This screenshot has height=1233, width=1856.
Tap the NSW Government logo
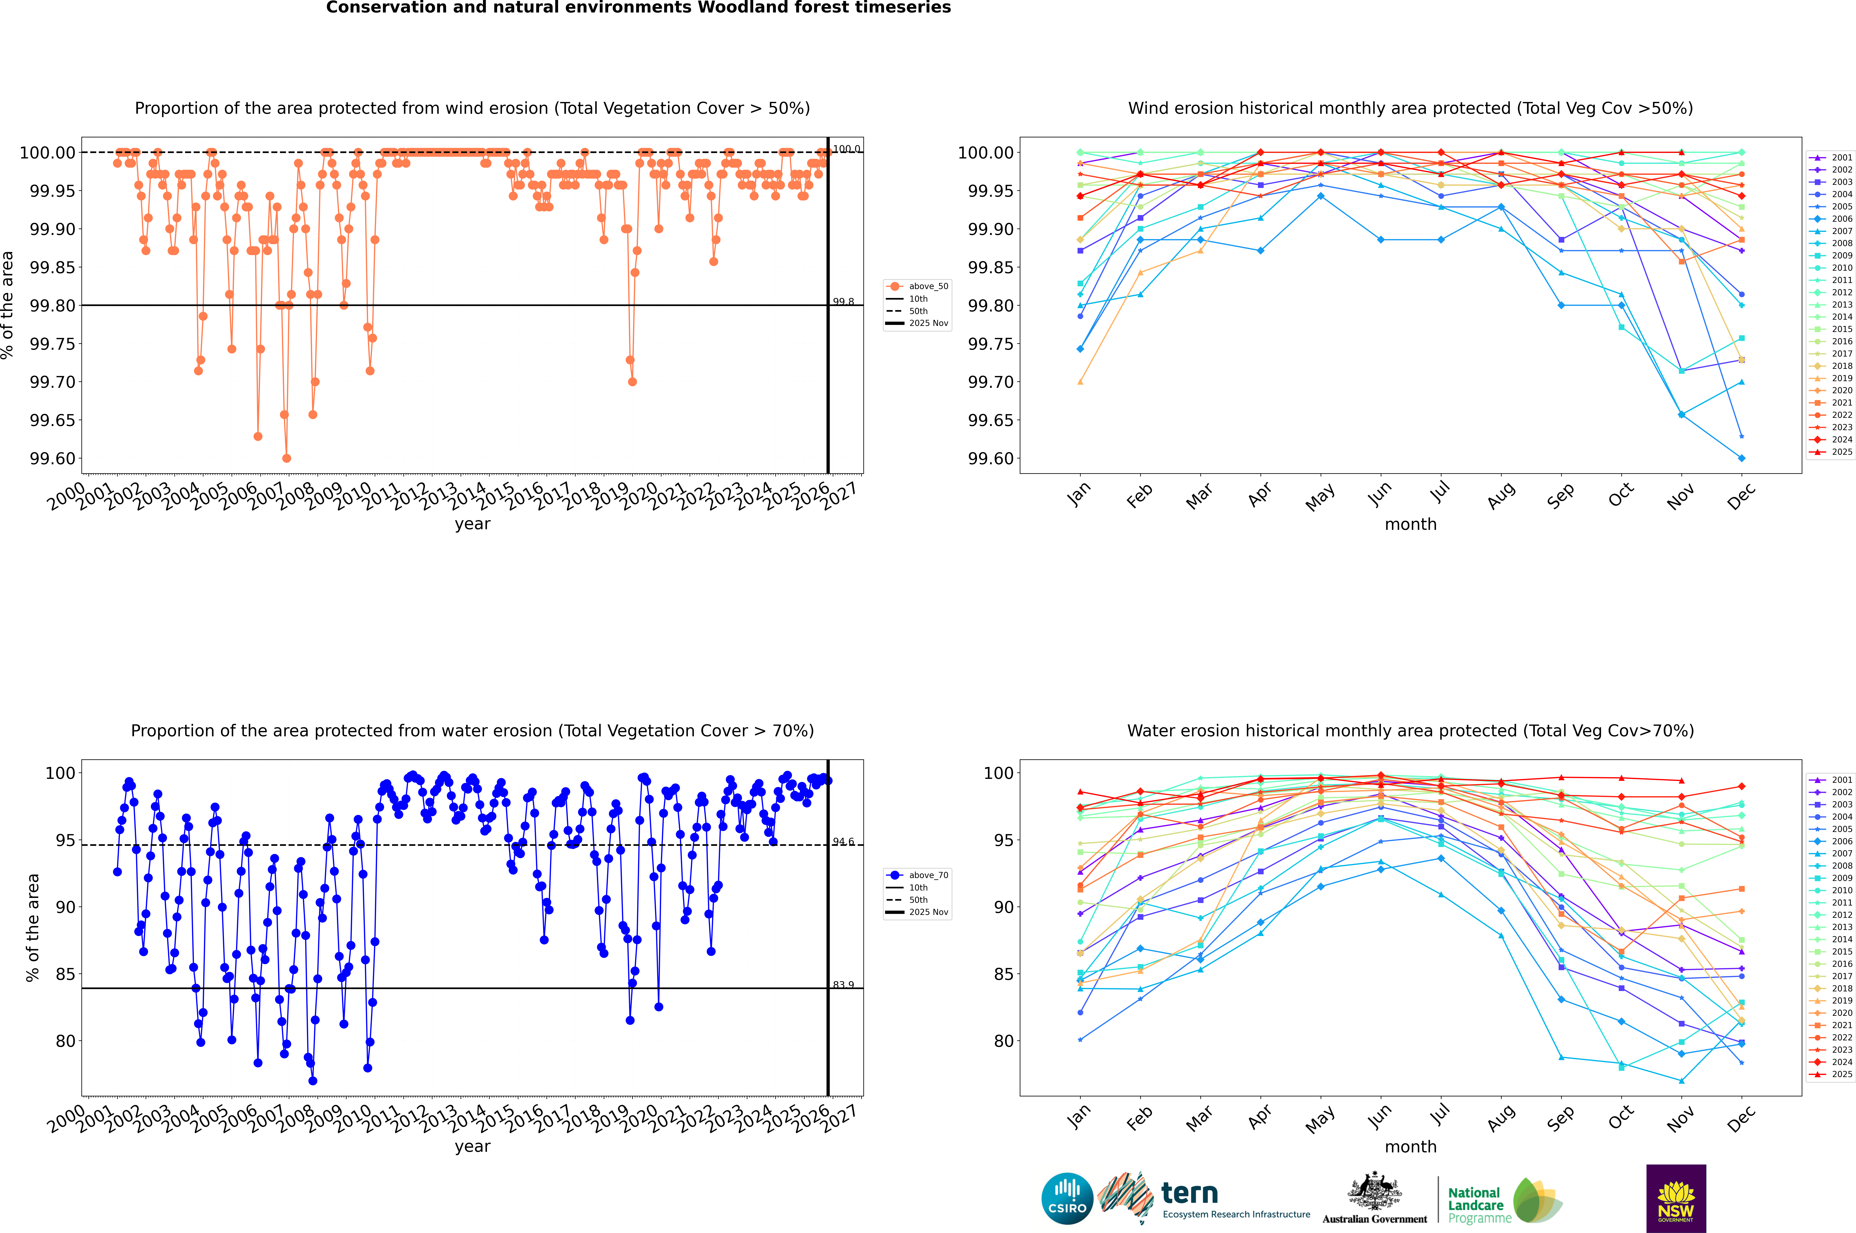tap(1676, 1198)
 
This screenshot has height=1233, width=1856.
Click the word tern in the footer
tap(1190, 1194)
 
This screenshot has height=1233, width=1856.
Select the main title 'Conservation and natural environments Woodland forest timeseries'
tap(638, 8)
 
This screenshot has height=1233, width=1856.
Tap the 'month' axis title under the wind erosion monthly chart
tap(1410, 525)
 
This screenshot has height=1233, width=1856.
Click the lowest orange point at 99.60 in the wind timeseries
tap(286, 458)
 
